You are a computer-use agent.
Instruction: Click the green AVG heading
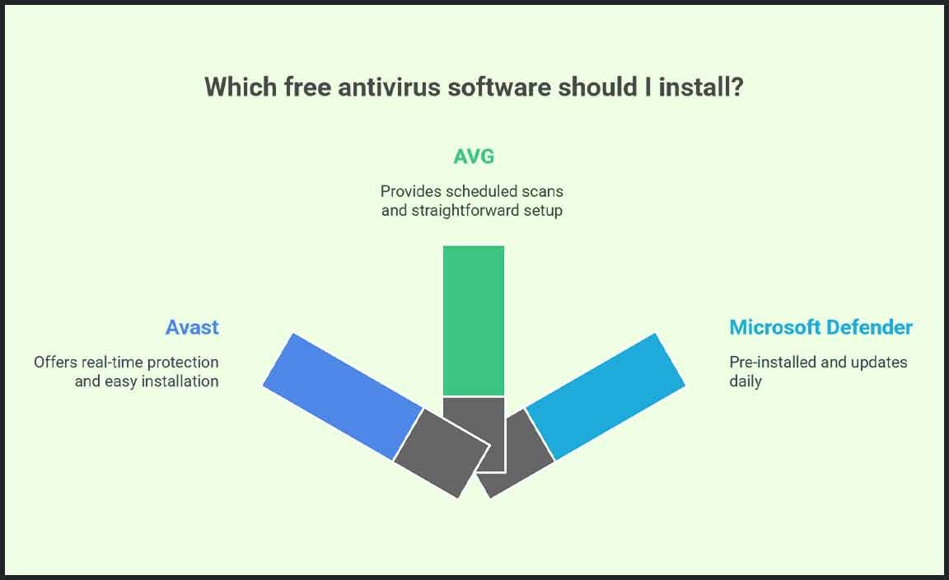coord(474,157)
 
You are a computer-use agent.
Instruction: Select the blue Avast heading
coord(192,327)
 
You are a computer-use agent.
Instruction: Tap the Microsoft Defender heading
coord(820,327)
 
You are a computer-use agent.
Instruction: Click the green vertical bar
coord(474,320)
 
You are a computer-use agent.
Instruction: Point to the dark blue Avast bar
coord(344,396)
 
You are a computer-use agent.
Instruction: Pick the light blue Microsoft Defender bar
coord(605,396)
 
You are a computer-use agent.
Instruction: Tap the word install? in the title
coord(701,87)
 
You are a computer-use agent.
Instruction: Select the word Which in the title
coord(241,87)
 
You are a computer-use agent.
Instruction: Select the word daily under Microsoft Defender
coord(745,382)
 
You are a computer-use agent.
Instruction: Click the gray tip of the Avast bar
coord(442,453)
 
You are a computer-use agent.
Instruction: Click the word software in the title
coord(499,87)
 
